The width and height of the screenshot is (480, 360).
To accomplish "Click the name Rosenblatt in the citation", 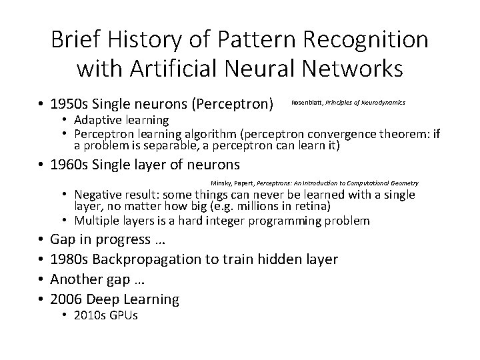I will click(307, 102).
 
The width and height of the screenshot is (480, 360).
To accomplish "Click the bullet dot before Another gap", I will click(41, 279).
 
